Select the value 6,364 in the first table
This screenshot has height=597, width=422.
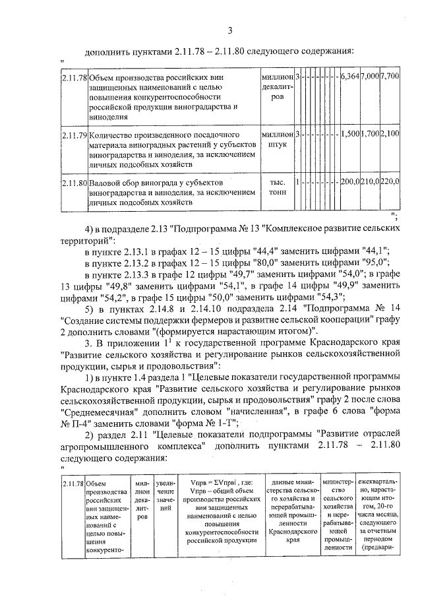click(x=349, y=77)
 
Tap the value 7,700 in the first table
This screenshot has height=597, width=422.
click(x=390, y=77)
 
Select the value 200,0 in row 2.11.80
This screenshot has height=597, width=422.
click(x=349, y=181)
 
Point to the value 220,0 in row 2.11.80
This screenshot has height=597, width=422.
click(x=390, y=181)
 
